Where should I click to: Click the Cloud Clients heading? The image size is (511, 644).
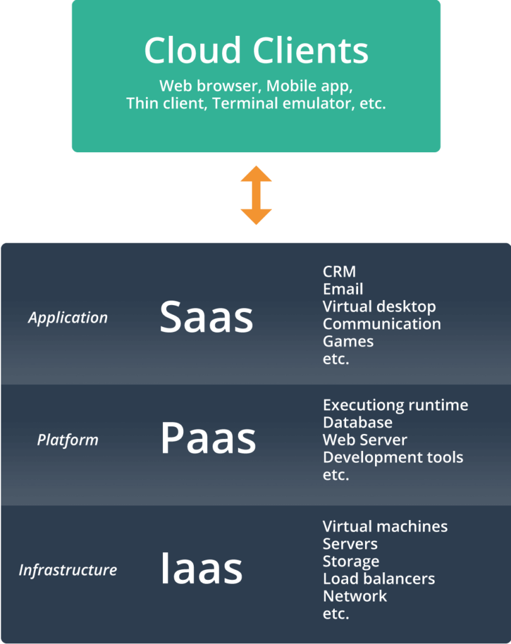click(x=255, y=51)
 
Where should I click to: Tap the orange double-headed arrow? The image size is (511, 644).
click(x=255, y=195)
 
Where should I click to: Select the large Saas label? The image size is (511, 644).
click(x=206, y=318)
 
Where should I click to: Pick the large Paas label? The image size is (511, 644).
click(x=208, y=439)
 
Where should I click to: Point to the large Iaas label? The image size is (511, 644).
click(x=201, y=569)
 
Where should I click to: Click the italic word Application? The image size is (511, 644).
click(x=68, y=318)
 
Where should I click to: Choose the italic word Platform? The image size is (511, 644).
click(x=68, y=440)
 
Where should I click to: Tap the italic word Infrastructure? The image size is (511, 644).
click(x=68, y=570)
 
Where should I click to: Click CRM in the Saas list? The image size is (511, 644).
click(x=339, y=272)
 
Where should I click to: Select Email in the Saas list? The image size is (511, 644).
click(x=343, y=289)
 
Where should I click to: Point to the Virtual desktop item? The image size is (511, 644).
click(x=379, y=307)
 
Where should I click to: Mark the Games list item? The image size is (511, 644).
click(x=348, y=341)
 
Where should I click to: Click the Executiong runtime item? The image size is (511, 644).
click(x=395, y=405)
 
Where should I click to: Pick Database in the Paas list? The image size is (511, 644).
click(x=357, y=423)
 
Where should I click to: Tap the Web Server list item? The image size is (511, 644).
click(x=365, y=440)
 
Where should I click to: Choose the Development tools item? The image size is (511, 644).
click(x=393, y=457)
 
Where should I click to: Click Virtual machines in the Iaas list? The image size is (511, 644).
click(x=385, y=526)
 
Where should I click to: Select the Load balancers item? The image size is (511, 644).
click(x=379, y=579)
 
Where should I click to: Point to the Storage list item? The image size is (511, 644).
click(x=351, y=561)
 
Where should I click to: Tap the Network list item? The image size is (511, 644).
click(x=355, y=596)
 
